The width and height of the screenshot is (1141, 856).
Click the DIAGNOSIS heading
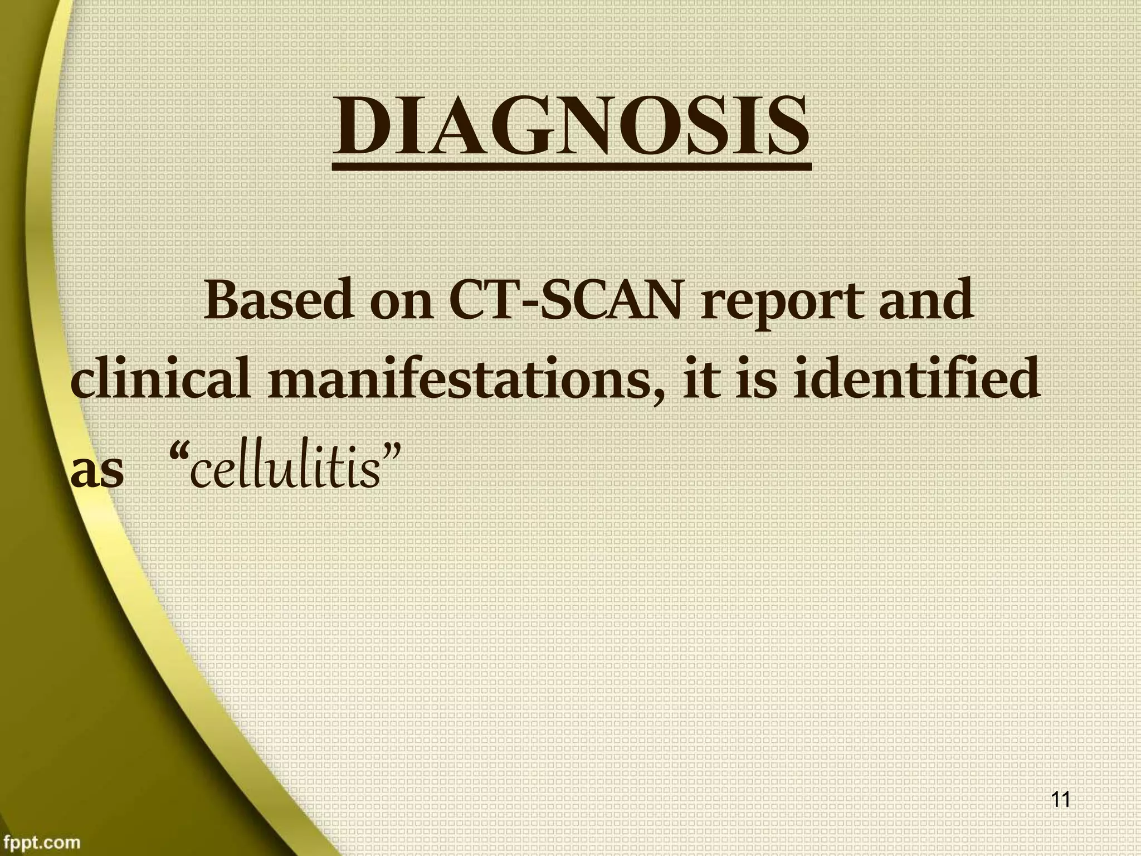coord(571,127)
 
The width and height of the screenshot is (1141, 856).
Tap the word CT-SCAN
coord(565,301)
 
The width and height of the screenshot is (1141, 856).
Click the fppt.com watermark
coord(41,842)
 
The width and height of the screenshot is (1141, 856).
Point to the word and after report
coord(925,301)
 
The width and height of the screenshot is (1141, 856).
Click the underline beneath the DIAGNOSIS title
coord(571,166)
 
